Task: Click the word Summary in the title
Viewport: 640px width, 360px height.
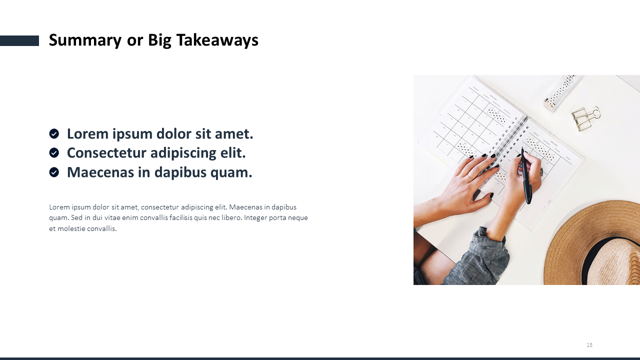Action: point(85,40)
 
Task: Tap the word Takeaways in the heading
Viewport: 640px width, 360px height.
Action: point(217,40)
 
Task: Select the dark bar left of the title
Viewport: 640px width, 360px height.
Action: point(19,40)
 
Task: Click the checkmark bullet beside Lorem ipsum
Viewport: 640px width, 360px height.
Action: point(54,133)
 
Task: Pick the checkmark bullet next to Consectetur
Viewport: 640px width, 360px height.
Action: point(54,153)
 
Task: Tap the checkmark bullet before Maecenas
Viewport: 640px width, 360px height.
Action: point(54,172)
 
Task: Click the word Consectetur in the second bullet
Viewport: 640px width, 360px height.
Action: point(106,153)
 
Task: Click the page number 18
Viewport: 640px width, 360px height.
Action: point(589,345)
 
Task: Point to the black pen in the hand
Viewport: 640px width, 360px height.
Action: point(526,175)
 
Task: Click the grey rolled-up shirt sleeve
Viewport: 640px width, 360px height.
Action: point(480,257)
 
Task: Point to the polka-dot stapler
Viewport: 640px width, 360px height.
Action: point(559,92)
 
